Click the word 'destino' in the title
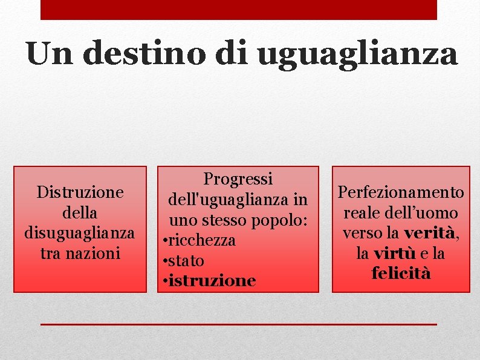(x=144, y=53)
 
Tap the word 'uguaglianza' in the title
(x=357, y=54)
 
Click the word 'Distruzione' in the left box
(x=80, y=192)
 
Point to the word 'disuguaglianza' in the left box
(x=80, y=233)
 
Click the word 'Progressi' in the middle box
(x=238, y=179)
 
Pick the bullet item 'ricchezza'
(x=202, y=240)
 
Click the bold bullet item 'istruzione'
(x=212, y=281)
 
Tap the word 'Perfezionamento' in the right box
(x=401, y=192)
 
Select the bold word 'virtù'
(x=394, y=253)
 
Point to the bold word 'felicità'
(x=401, y=273)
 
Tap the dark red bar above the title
(x=238, y=10)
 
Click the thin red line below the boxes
(x=238, y=325)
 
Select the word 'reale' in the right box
(x=361, y=213)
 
